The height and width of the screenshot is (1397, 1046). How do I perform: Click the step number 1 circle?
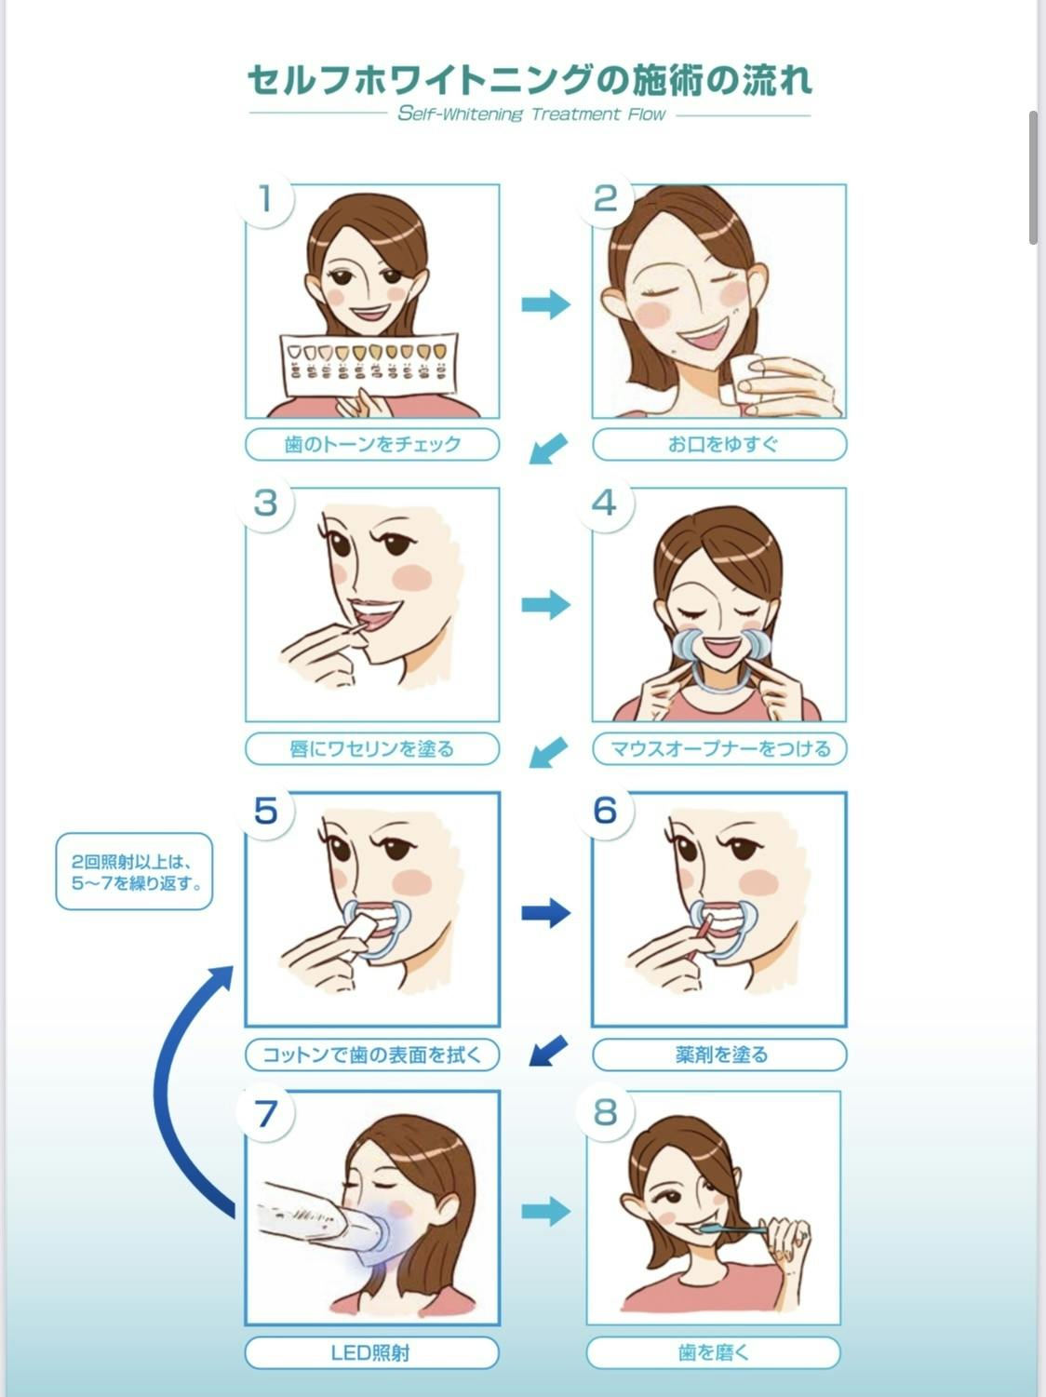point(265,198)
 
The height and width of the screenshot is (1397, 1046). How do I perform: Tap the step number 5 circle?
point(265,811)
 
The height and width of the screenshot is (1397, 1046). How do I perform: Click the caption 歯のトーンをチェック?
point(372,444)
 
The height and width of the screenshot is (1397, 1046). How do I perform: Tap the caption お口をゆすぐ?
point(719,444)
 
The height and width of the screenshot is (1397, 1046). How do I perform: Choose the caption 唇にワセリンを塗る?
point(372,748)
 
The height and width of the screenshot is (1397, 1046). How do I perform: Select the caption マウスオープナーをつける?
point(719,748)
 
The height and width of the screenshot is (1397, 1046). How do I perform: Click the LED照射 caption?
point(371,1352)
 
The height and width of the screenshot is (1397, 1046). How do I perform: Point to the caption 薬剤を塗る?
point(719,1054)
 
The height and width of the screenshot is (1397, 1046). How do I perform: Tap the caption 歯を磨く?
point(713,1352)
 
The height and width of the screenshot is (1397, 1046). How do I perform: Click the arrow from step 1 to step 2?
point(546,303)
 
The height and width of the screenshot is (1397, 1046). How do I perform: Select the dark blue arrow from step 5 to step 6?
point(546,913)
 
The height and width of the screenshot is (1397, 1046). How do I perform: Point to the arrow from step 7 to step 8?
point(546,1211)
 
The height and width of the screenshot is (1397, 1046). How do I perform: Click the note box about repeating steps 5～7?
point(134,871)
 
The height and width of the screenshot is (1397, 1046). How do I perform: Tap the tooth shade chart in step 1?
point(369,364)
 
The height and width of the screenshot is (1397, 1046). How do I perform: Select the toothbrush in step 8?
point(731,1229)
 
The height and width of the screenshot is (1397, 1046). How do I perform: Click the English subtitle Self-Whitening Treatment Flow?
point(531,114)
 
